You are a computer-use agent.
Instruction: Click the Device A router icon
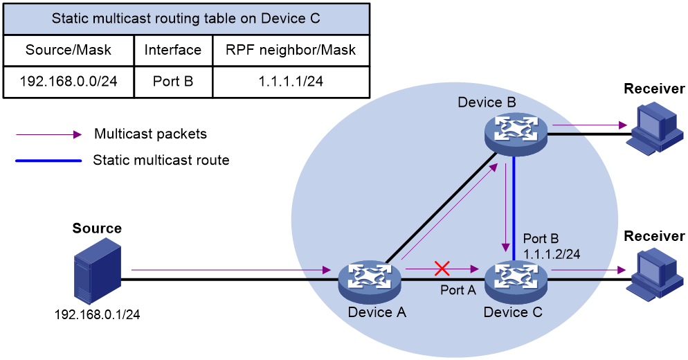pyautogui.click(x=370, y=281)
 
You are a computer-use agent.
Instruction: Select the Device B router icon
pyautogui.click(x=516, y=133)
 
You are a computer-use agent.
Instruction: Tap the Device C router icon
pyautogui.click(x=516, y=281)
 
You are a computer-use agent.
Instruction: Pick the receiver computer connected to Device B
pyautogui.click(x=655, y=127)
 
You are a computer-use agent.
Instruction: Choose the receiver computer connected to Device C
pyautogui.click(x=655, y=273)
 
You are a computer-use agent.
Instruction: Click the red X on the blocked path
pyautogui.click(x=442, y=268)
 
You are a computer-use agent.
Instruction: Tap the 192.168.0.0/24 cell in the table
pyautogui.click(x=69, y=82)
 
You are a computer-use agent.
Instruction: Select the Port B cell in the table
pyautogui.click(x=173, y=82)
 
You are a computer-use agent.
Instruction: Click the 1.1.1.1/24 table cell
pyautogui.click(x=291, y=82)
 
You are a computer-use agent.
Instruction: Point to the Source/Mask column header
pyautogui.click(x=69, y=50)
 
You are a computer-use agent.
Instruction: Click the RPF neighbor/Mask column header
pyautogui.click(x=291, y=50)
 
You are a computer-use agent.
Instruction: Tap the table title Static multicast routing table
pyautogui.click(x=186, y=19)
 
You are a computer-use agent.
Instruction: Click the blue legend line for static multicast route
pyautogui.click(x=48, y=161)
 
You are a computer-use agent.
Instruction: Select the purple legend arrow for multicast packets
pyautogui.click(x=48, y=134)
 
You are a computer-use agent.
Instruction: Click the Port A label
pyautogui.click(x=458, y=290)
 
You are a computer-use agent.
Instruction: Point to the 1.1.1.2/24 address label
pyautogui.click(x=552, y=254)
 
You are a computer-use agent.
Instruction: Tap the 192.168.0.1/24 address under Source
pyautogui.click(x=97, y=314)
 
